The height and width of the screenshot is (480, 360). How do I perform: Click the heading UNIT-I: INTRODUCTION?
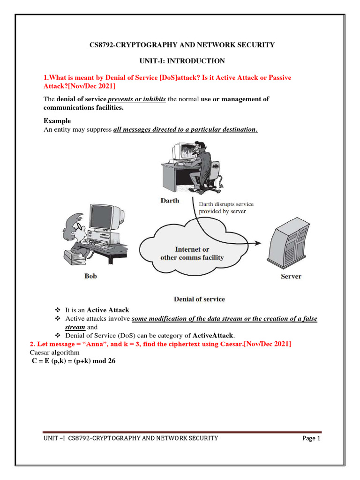(182, 61)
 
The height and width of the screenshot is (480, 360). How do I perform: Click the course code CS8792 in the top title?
(102, 45)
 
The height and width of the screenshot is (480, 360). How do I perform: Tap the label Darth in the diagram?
(169, 201)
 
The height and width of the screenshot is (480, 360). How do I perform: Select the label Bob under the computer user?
(90, 276)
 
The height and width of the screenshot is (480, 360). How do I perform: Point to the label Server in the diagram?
(291, 276)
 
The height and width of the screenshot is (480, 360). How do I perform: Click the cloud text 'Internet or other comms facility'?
(192, 253)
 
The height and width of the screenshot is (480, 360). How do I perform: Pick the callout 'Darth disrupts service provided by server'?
(226, 208)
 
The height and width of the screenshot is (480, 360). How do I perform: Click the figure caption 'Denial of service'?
(199, 299)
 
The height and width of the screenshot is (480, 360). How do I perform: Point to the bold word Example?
(57, 121)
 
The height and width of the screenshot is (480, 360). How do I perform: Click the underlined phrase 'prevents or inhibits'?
(137, 99)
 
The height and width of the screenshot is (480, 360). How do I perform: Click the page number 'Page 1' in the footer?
(311, 438)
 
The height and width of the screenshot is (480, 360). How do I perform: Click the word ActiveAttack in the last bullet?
(213, 336)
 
